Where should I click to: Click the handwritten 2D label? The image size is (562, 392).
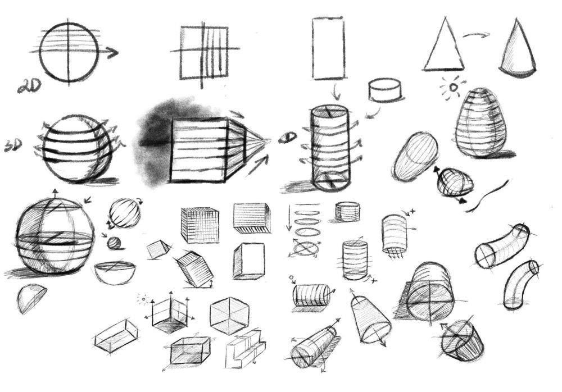tap(29, 86)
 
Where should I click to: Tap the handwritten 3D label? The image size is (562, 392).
tap(13, 145)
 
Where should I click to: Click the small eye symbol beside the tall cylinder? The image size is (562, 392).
tap(288, 137)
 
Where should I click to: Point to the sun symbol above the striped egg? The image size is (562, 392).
tap(453, 87)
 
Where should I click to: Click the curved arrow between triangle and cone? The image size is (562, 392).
tap(477, 35)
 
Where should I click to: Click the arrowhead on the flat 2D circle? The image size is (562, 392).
tap(114, 53)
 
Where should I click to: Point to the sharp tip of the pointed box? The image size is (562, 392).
tap(270, 140)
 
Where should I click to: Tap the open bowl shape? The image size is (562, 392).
tap(115, 273)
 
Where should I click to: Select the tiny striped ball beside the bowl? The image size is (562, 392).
tap(114, 243)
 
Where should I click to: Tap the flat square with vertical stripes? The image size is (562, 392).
tap(205, 52)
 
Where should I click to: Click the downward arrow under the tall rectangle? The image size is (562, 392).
tap(336, 92)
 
